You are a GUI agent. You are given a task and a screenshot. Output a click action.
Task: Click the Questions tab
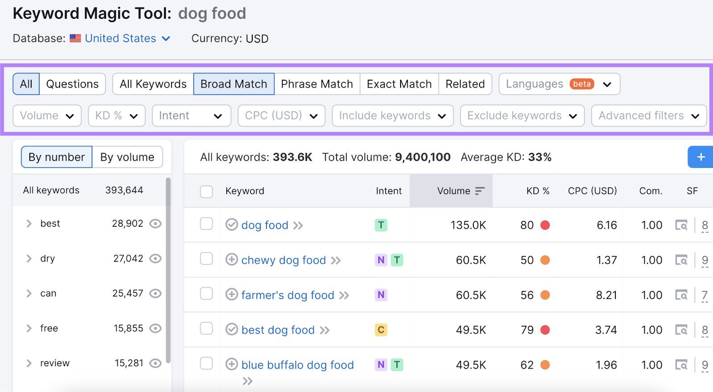coord(72,84)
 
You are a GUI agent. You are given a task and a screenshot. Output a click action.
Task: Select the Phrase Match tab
coord(317,84)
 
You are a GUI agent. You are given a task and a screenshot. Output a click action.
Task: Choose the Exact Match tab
coord(399,84)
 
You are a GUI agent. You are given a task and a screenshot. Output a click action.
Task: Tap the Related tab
coord(465,84)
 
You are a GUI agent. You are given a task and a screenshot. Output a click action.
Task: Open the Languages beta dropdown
coord(559,84)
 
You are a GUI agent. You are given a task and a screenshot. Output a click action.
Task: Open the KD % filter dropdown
coord(116,116)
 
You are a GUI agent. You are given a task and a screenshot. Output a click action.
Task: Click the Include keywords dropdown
coord(392,116)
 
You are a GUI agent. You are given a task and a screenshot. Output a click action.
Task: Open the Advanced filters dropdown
coord(648,116)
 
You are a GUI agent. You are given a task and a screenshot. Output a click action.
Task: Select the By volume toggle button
coord(127,157)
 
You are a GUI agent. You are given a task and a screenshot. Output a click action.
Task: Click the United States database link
coord(121,39)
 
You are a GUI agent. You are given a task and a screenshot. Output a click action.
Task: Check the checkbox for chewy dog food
coord(206,259)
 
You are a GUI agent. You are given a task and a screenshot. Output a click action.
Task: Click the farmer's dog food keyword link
coord(287,295)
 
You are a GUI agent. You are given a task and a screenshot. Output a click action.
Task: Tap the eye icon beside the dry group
coord(155,259)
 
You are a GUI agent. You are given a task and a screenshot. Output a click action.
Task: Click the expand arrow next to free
coord(29,328)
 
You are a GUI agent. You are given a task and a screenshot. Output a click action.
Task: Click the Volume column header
coord(454,191)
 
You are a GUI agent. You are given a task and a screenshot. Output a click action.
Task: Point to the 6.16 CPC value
coord(606,225)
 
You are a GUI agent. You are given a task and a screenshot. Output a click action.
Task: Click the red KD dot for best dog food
coord(545,330)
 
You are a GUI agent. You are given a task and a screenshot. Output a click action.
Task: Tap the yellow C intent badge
coord(381,330)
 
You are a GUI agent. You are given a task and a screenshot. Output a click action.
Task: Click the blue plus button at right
coord(701,157)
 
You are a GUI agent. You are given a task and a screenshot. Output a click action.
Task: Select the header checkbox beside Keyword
coord(206,192)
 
